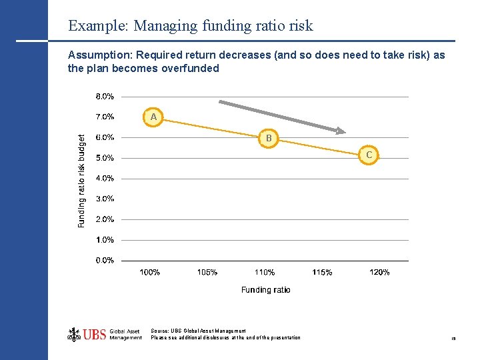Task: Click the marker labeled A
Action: pos(153,117)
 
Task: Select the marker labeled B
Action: pos(269,139)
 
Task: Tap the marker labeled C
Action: pos(369,155)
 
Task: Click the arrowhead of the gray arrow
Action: pos(341,131)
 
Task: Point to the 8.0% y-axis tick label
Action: pos(105,96)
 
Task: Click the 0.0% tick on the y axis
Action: pos(105,260)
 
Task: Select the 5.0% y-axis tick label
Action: pos(105,158)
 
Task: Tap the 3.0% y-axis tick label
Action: pos(105,199)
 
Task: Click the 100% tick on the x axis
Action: pos(149,272)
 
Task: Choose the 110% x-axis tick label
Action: pos(265,272)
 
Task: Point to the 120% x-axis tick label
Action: pos(379,272)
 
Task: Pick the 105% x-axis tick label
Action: pos(207,272)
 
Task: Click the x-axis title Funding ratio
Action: pos(265,289)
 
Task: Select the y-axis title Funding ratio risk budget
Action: pos(82,181)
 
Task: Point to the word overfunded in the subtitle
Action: pos(190,68)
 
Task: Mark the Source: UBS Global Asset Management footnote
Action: pos(198,331)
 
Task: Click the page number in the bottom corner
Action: pos(453,339)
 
